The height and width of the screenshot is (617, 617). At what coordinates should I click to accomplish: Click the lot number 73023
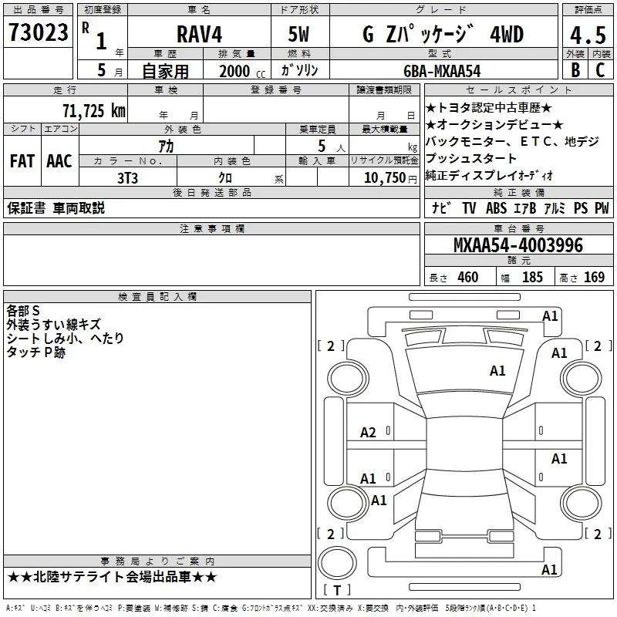tap(39, 32)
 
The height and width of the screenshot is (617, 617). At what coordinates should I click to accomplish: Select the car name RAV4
tap(199, 34)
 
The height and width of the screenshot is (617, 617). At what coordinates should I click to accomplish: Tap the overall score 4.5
tap(588, 35)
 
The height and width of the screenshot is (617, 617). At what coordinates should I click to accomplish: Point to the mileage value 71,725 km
tap(94, 110)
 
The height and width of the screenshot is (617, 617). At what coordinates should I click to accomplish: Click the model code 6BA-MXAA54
tap(442, 71)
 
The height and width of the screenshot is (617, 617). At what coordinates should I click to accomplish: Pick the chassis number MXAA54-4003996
tap(518, 244)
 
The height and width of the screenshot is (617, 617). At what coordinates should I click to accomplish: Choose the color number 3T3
tap(127, 178)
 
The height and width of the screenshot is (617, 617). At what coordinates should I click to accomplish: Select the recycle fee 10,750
tap(384, 177)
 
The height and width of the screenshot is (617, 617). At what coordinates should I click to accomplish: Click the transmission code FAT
tap(22, 161)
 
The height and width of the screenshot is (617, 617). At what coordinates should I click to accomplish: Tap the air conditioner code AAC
tap(59, 161)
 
